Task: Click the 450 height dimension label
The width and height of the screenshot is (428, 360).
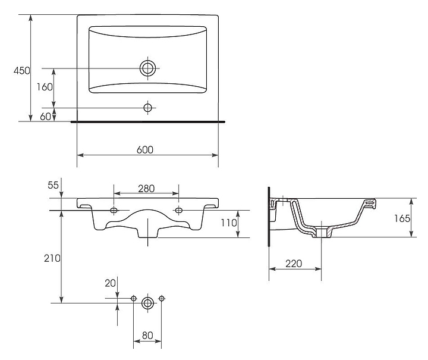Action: coord(21,70)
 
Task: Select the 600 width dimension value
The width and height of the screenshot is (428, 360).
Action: coord(144,150)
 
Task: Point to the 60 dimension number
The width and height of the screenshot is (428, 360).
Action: coord(45,116)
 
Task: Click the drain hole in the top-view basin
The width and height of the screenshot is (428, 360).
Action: coord(147,68)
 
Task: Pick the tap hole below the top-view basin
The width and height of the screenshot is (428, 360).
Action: coord(147,108)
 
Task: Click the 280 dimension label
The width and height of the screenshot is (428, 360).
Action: coord(146,189)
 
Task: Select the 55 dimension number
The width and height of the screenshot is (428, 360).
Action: coord(53,185)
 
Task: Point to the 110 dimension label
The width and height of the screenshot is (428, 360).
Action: coord(228,223)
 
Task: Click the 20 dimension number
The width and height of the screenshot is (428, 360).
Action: coord(109,284)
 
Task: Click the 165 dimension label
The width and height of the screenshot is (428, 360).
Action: coord(402,218)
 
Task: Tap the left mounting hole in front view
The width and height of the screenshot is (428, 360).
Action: coord(114,210)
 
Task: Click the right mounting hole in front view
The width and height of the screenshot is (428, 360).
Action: coord(179,210)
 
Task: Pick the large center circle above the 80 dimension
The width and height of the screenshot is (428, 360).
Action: coord(147,303)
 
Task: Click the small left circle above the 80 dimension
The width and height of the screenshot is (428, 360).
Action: coord(134,298)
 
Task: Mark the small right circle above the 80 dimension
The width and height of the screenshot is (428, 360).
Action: coord(162,298)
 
